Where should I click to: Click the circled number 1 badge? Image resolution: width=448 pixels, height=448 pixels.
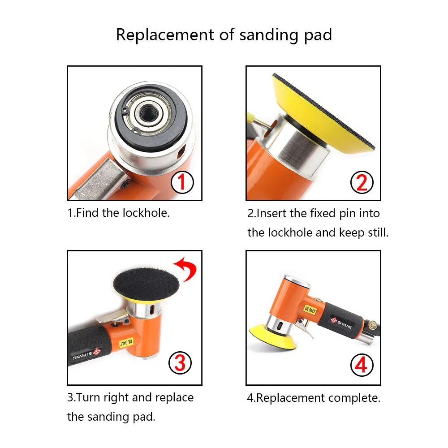pyautogui.click(x=182, y=182)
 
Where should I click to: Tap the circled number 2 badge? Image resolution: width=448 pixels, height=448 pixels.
pyautogui.click(x=362, y=182)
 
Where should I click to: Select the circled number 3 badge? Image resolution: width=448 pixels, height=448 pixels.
pyautogui.click(x=180, y=363)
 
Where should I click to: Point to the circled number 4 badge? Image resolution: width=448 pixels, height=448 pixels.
pyautogui.click(x=362, y=365)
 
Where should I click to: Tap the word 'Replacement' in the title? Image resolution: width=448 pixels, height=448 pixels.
pyautogui.click(x=165, y=35)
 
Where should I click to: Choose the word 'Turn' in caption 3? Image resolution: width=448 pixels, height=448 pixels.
pyautogui.click(x=88, y=397)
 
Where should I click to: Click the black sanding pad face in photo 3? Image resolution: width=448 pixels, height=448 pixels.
pyautogui.click(x=146, y=284)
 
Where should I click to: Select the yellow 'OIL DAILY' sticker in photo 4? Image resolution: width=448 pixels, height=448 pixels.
pyautogui.click(x=310, y=310)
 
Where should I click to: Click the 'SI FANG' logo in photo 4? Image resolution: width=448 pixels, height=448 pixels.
pyautogui.click(x=341, y=323)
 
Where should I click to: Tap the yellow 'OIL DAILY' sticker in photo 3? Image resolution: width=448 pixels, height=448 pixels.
pyautogui.click(x=126, y=342)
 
